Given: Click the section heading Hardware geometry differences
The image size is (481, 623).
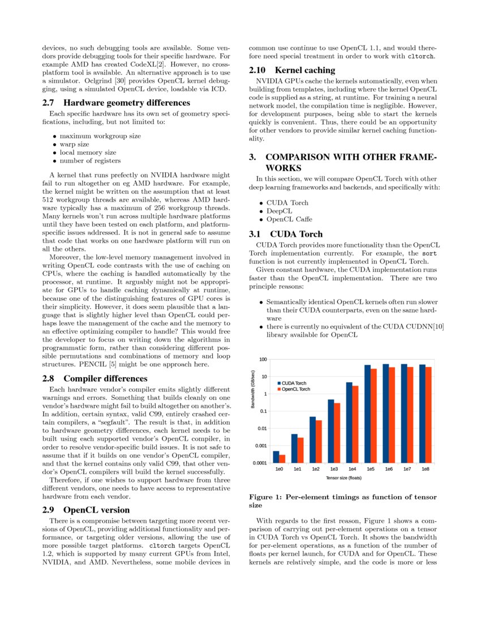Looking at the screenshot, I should tap(116, 103).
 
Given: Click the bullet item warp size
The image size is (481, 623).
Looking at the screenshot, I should tap(74, 144).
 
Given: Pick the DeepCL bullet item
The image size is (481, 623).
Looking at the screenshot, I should tap(280, 211).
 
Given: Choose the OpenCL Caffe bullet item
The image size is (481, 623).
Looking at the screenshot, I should tap(289, 219).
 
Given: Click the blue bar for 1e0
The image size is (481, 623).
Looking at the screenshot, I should tap(276, 456).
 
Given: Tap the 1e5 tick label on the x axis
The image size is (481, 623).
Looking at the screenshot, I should tap(371, 470).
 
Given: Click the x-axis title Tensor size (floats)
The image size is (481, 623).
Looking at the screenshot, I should tap(343, 478).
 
